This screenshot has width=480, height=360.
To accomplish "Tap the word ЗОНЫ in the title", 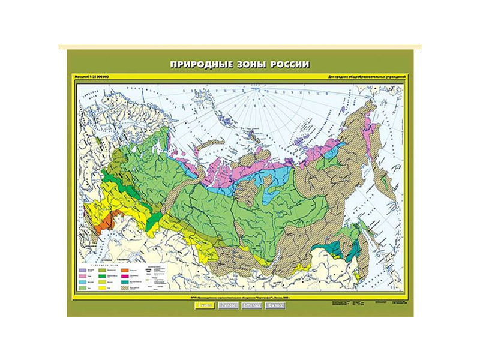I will pyautogui.click(x=252, y=64).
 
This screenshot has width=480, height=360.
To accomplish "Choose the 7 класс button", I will pyautogui.click(x=226, y=305).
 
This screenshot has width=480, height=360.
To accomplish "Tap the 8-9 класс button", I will pyautogui.click(x=251, y=305).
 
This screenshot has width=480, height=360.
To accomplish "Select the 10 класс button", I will pyautogui.click(x=275, y=305).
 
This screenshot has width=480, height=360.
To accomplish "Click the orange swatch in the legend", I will pyautogui.click(x=125, y=271).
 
